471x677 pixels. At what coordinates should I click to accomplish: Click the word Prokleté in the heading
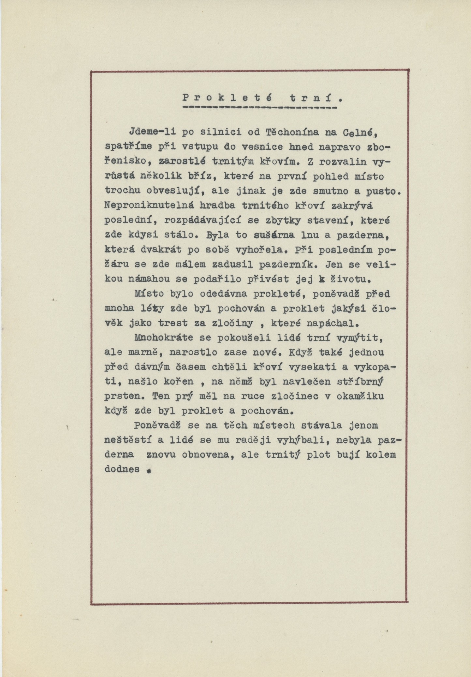(227, 97)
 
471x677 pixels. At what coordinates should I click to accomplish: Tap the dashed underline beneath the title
(259, 107)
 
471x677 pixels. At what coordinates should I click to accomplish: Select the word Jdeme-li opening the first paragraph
(152, 133)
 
